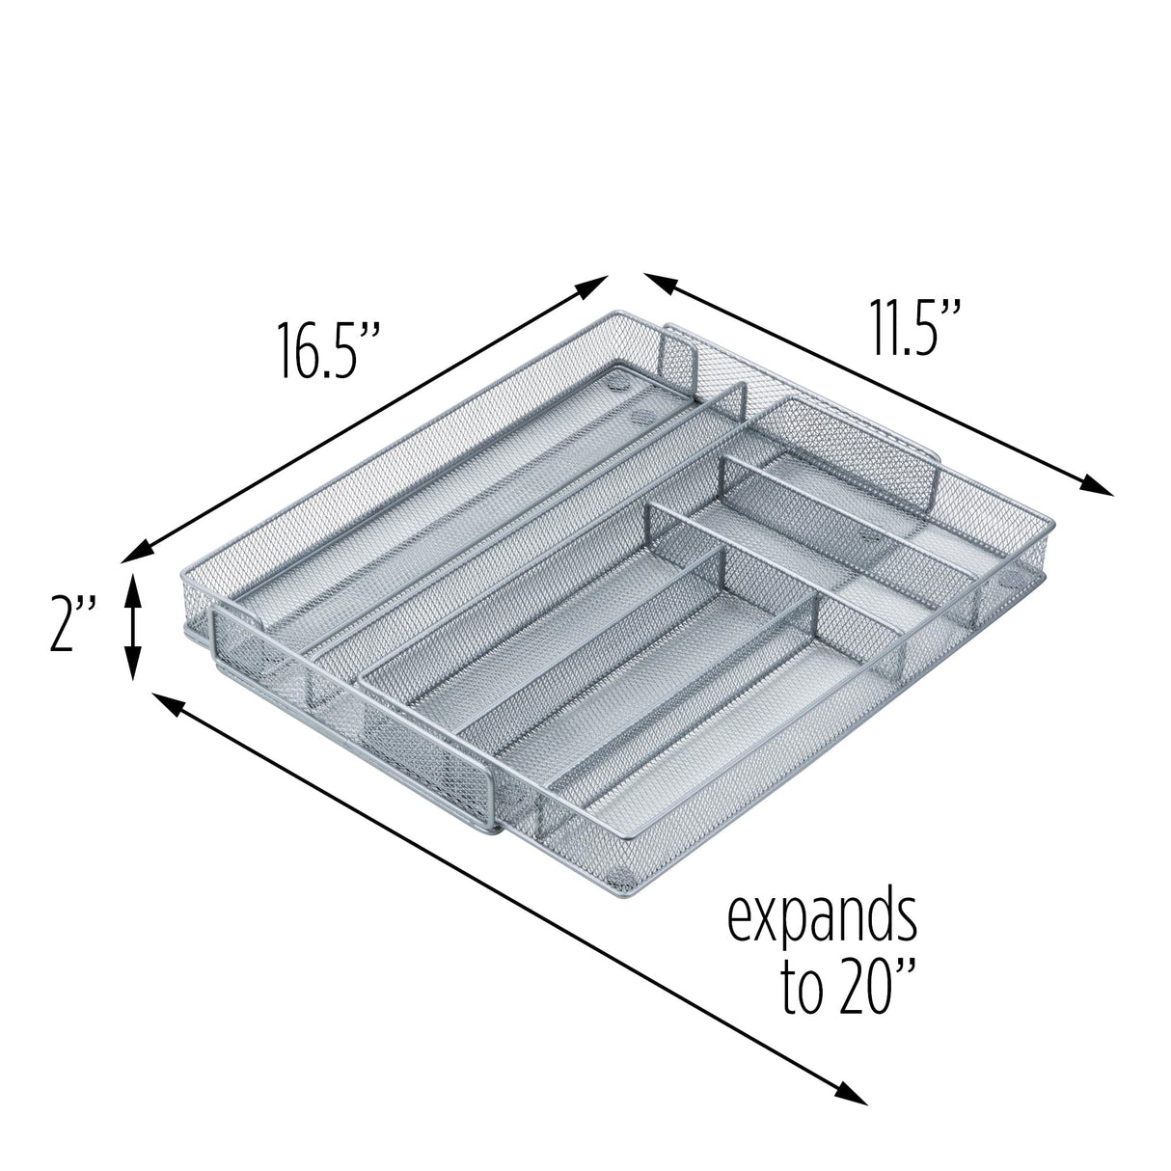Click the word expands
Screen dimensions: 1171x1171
[821, 921]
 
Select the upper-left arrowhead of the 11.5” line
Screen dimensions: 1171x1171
[659, 283]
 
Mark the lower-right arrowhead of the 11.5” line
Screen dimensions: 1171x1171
[1099, 488]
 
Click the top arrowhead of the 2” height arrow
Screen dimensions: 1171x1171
[134, 582]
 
